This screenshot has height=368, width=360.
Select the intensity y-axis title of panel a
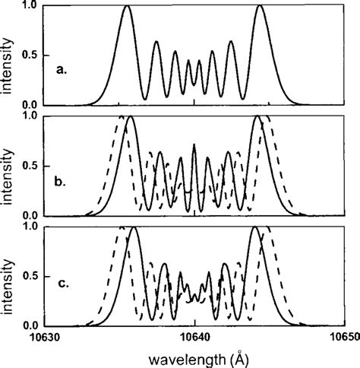(8, 57)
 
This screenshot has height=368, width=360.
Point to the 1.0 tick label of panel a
(28, 6)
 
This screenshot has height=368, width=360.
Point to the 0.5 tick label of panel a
(28, 55)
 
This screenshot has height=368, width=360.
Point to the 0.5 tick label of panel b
(28, 165)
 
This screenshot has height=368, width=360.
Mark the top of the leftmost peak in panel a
(127, 6)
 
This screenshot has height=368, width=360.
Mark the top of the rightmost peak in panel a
(261, 6)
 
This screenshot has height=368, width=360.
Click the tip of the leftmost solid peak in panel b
(131, 116)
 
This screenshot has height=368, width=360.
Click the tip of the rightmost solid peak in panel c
(255, 227)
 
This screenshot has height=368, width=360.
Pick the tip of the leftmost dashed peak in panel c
(119, 227)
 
